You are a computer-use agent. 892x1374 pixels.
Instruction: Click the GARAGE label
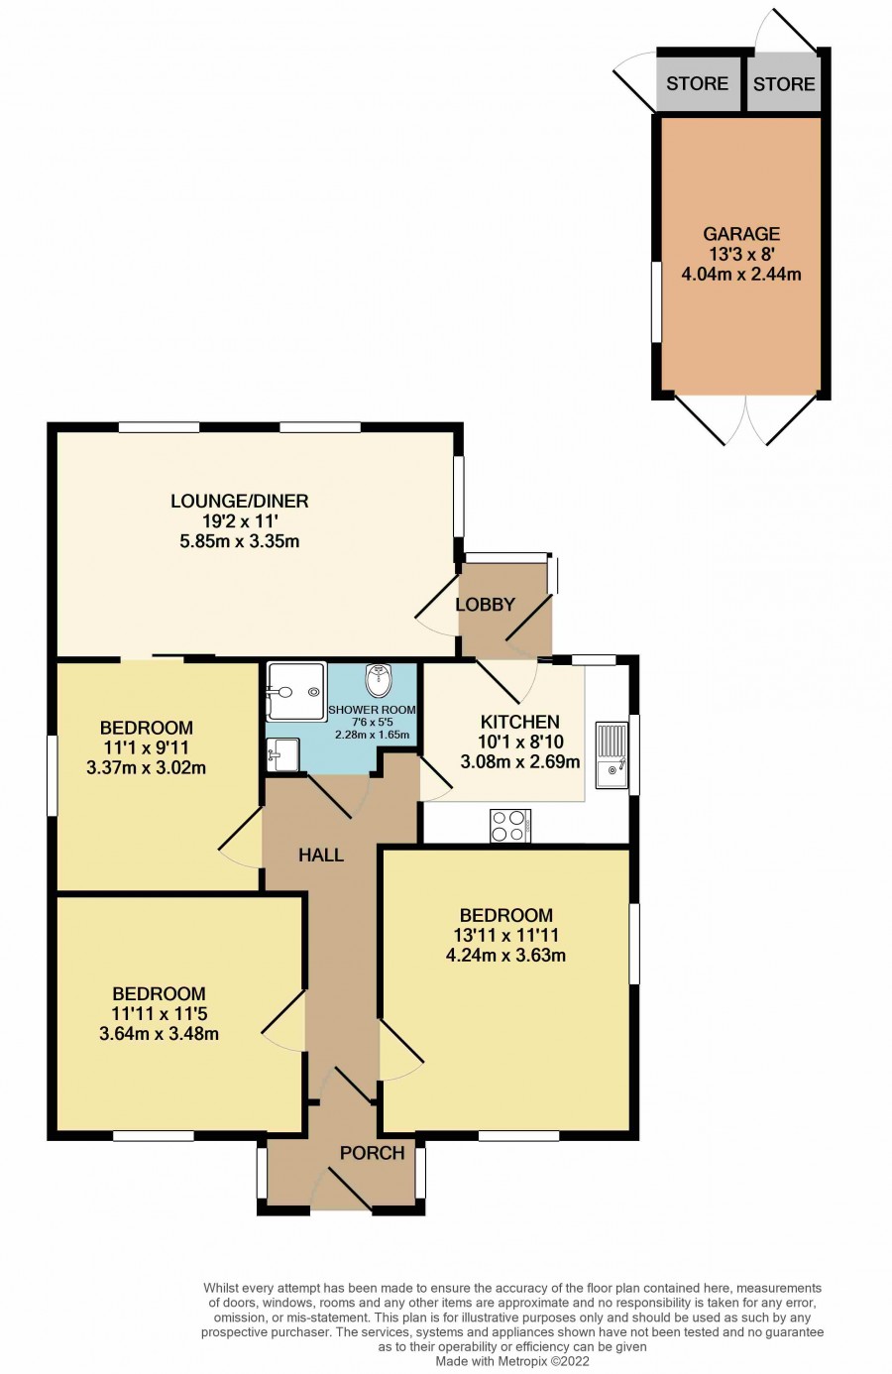tap(741, 234)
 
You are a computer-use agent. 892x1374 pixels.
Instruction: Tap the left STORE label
tap(697, 83)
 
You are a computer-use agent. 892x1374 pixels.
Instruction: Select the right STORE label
tap(784, 84)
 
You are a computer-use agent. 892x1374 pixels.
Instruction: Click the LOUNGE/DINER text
tap(239, 502)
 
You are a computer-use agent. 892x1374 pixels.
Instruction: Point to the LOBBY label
tap(485, 605)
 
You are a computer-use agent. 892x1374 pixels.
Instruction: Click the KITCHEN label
tap(520, 722)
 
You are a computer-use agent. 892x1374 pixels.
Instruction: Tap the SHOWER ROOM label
tap(372, 710)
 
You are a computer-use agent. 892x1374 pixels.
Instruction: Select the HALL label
tap(321, 856)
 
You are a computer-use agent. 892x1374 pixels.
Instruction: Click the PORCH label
tap(372, 1153)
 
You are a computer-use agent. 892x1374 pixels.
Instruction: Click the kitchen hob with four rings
tap(510, 826)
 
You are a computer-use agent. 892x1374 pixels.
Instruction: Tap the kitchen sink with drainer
tap(612, 755)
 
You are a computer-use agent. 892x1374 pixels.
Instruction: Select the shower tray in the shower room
tap(296, 691)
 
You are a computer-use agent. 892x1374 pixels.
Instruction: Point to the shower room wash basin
tap(282, 753)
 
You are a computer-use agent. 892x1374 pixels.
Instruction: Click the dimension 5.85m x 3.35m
tap(239, 541)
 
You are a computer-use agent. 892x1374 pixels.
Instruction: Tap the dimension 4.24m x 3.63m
tap(505, 956)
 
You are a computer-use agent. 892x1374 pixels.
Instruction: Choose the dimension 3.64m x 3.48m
tap(159, 1034)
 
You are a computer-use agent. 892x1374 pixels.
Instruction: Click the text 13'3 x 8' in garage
tap(741, 254)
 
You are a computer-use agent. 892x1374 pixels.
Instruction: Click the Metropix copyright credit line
tap(512, 1361)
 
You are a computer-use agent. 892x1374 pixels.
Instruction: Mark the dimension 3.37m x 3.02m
tap(146, 768)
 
